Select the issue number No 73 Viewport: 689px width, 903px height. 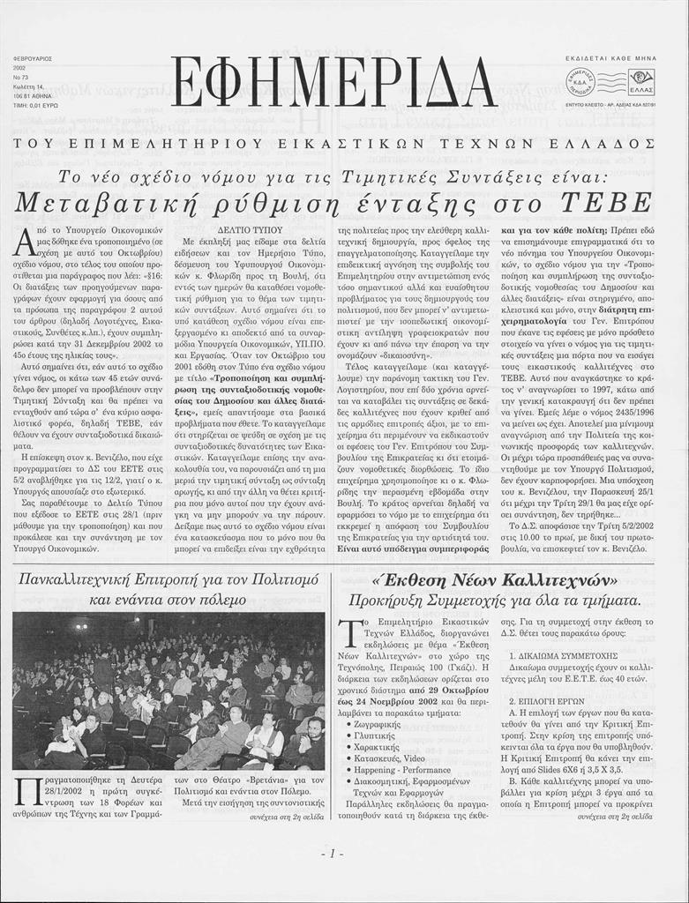click(19, 77)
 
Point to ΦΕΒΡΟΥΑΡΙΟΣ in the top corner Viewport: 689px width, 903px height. click(33, 59)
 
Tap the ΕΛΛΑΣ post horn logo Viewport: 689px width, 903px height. click(641, 82)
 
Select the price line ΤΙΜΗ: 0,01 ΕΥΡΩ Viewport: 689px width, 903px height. click(33, 104)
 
